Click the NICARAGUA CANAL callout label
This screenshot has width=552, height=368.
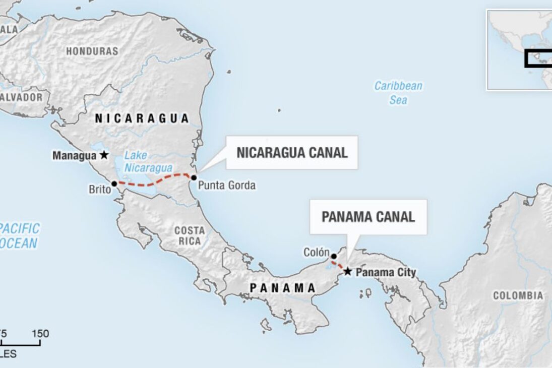pyautogui.click(x=292, y=153)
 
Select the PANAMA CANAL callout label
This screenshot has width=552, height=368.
pyautogui.click(x=368, y=217)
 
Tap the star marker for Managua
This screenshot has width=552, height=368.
pyautogui.click(x=104, y=155)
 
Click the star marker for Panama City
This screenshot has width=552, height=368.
pyautogui.click(x=348, y=272)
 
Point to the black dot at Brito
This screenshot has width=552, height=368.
pyautogui.click(x=114, y=184)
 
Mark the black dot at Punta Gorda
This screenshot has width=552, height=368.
pyautogui.click(x=194, y=177)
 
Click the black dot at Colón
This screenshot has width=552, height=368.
pyautogui.click(x=333, y=257)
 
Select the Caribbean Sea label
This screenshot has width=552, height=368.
pyautogui.click(x=398, y=93)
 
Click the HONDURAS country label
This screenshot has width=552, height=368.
pyautogui.click(x=92, y=51)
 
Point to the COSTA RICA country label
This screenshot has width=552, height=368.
pyautogui.click(x=190, y=235)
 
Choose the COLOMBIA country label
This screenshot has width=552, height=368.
pyautogui.click(x=518, y=296)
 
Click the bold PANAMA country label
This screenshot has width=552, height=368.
pyautogui.click(x=283, y=288)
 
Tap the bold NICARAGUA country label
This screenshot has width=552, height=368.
pyautogui.click(x=142, y=118)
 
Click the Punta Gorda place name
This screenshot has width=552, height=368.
pyautogui.click(x=226, y=186)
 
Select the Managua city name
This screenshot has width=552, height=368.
pyautogui.click(x=75, y=156)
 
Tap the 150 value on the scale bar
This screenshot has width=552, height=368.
pyautogui.click(x=40, y=334)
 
